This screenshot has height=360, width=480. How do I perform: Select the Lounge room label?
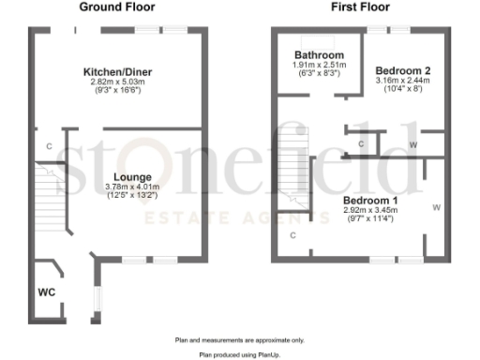coord(131,176)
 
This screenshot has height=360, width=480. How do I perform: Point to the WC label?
coord(46,292)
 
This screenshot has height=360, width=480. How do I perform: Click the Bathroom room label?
coord(319,55)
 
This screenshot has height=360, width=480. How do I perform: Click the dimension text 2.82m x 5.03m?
coord(119,82)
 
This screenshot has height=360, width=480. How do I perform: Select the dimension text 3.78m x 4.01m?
coord(131,187)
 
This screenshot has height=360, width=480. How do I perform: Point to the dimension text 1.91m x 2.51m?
coord(319,65)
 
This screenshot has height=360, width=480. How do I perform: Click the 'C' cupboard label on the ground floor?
coord(49,146)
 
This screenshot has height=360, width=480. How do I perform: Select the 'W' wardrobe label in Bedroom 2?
coord(413,144)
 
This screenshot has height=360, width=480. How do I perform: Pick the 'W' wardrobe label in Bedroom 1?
coord(436,207)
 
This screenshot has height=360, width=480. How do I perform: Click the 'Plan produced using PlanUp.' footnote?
coord(239,355)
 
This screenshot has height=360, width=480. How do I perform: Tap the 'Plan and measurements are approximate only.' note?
coord(239,339)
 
